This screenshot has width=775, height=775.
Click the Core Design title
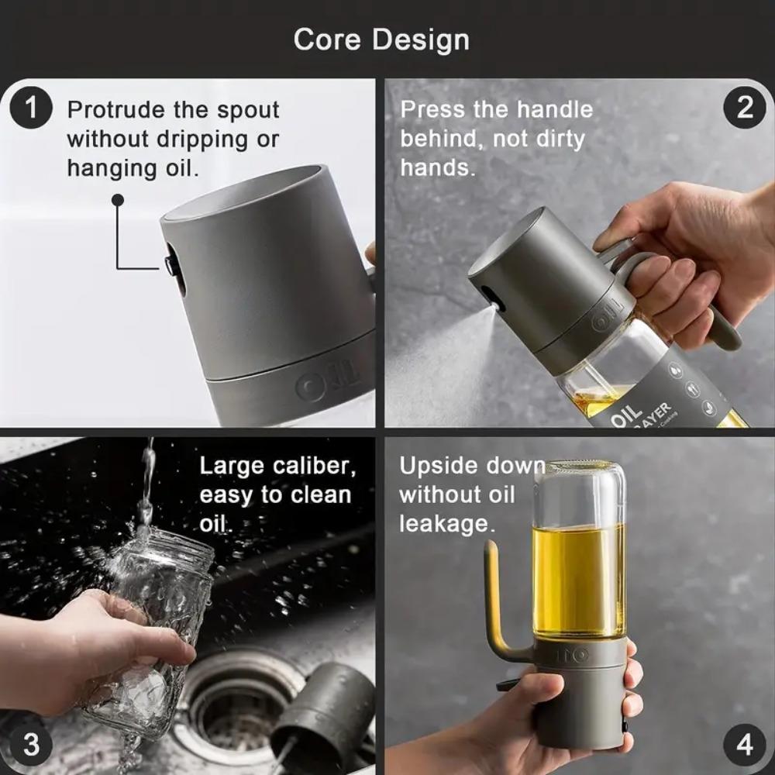[x=381, y=40]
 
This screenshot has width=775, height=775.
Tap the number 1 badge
[x=31, y=108]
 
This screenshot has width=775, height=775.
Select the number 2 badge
[x=744, y=108]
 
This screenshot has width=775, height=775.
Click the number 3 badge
[x=31, y=745]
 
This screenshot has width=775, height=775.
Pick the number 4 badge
[x=744, y=745]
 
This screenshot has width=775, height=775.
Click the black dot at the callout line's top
[x=118, y=200]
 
